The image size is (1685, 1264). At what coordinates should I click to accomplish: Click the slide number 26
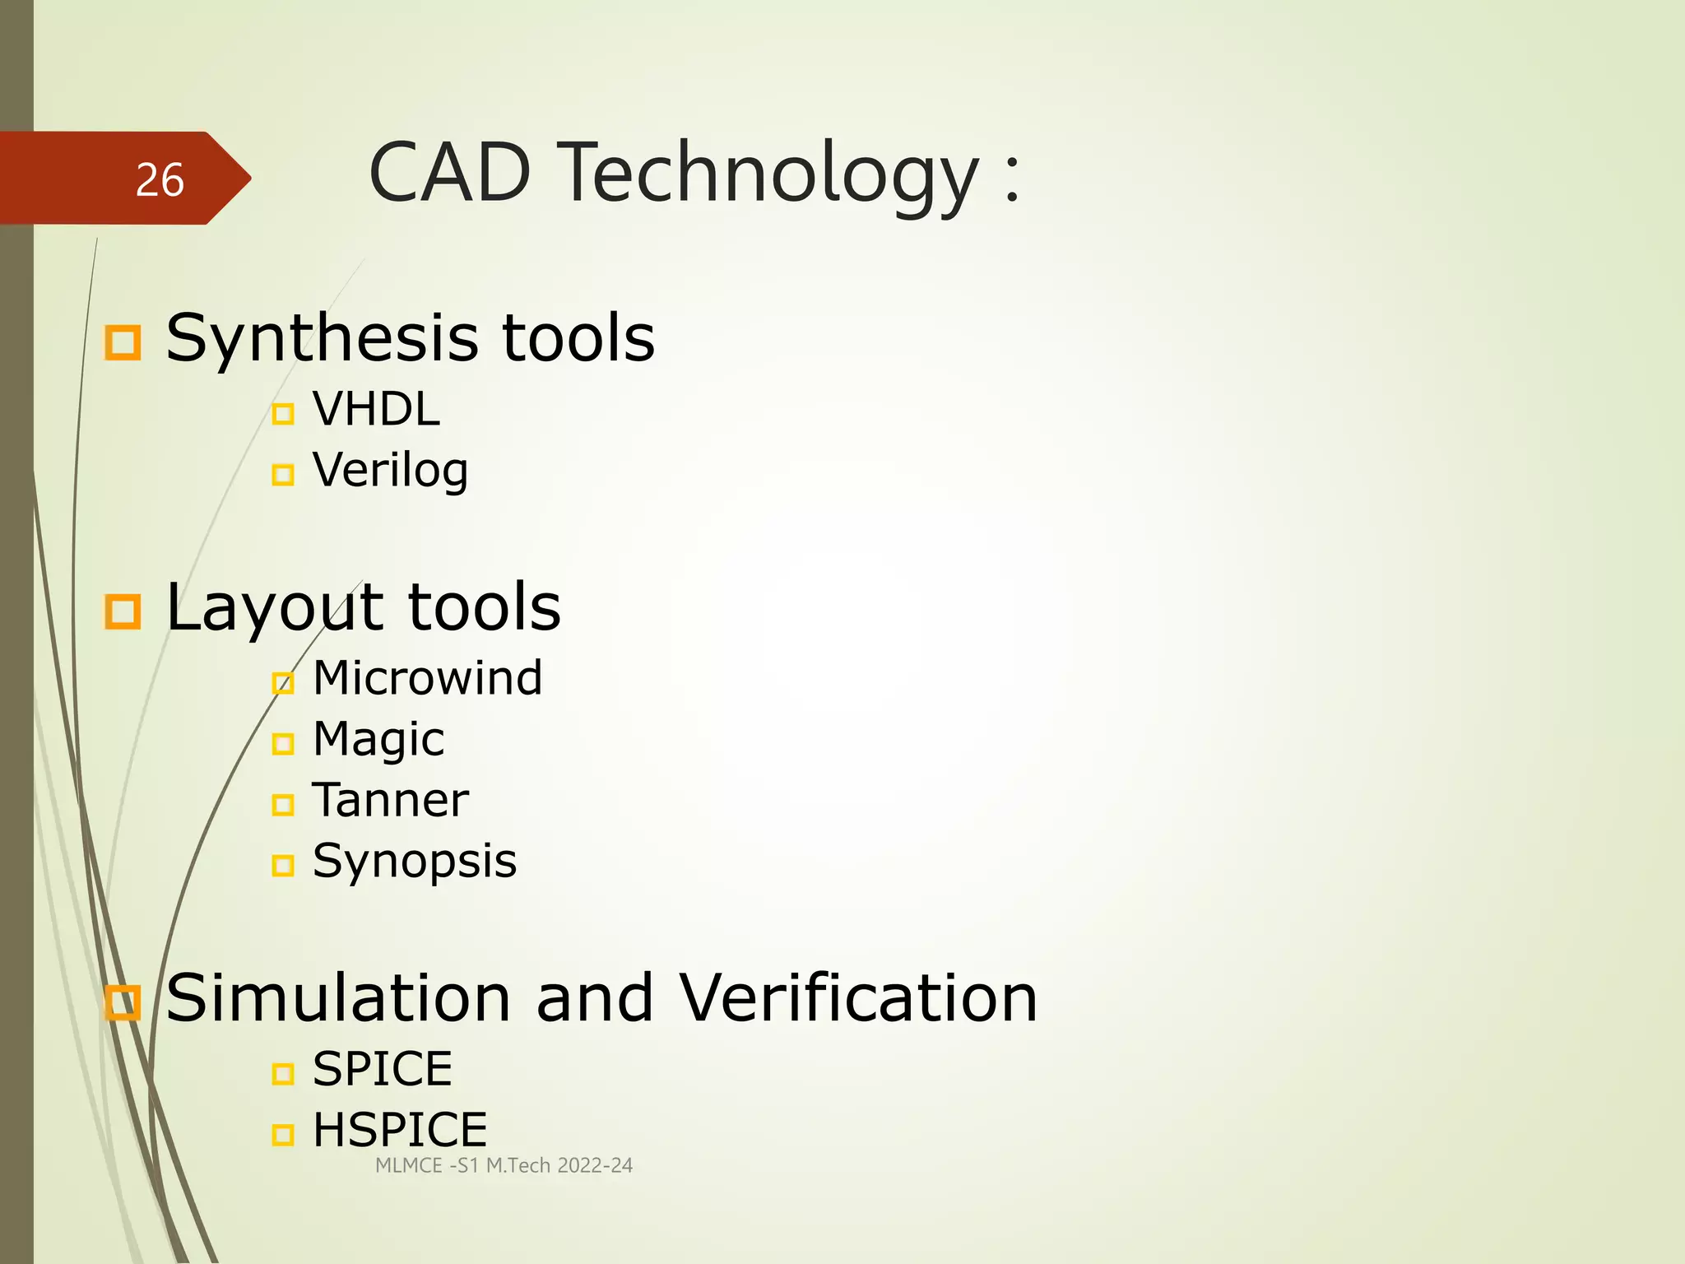pos(160,180)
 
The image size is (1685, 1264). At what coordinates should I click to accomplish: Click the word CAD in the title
pos(449,174)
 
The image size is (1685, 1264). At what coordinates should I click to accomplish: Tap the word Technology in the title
pos(769,174)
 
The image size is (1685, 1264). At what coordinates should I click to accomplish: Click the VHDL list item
pos(376,409)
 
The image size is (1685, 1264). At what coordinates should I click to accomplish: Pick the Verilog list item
pos(390,471)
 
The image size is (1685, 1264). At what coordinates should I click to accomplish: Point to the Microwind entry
pos(427,678)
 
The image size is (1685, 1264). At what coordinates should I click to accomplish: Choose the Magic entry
pos(378,739)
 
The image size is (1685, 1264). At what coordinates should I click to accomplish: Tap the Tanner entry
pos(390,801)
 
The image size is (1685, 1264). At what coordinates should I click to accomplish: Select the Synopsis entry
pos(414,862)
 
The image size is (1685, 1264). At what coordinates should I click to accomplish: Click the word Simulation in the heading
pos(338,998)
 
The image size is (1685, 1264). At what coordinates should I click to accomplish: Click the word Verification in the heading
pos(858,998)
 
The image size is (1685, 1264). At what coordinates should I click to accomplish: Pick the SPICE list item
pos(382,1070)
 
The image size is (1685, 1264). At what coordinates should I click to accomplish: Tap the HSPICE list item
pos(400,1131)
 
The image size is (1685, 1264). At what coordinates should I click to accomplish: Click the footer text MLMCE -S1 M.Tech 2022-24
pos(504,1166)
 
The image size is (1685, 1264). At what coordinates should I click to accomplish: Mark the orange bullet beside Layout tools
pos(123,611)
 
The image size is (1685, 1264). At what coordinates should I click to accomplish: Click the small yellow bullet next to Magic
pos(282,744)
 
